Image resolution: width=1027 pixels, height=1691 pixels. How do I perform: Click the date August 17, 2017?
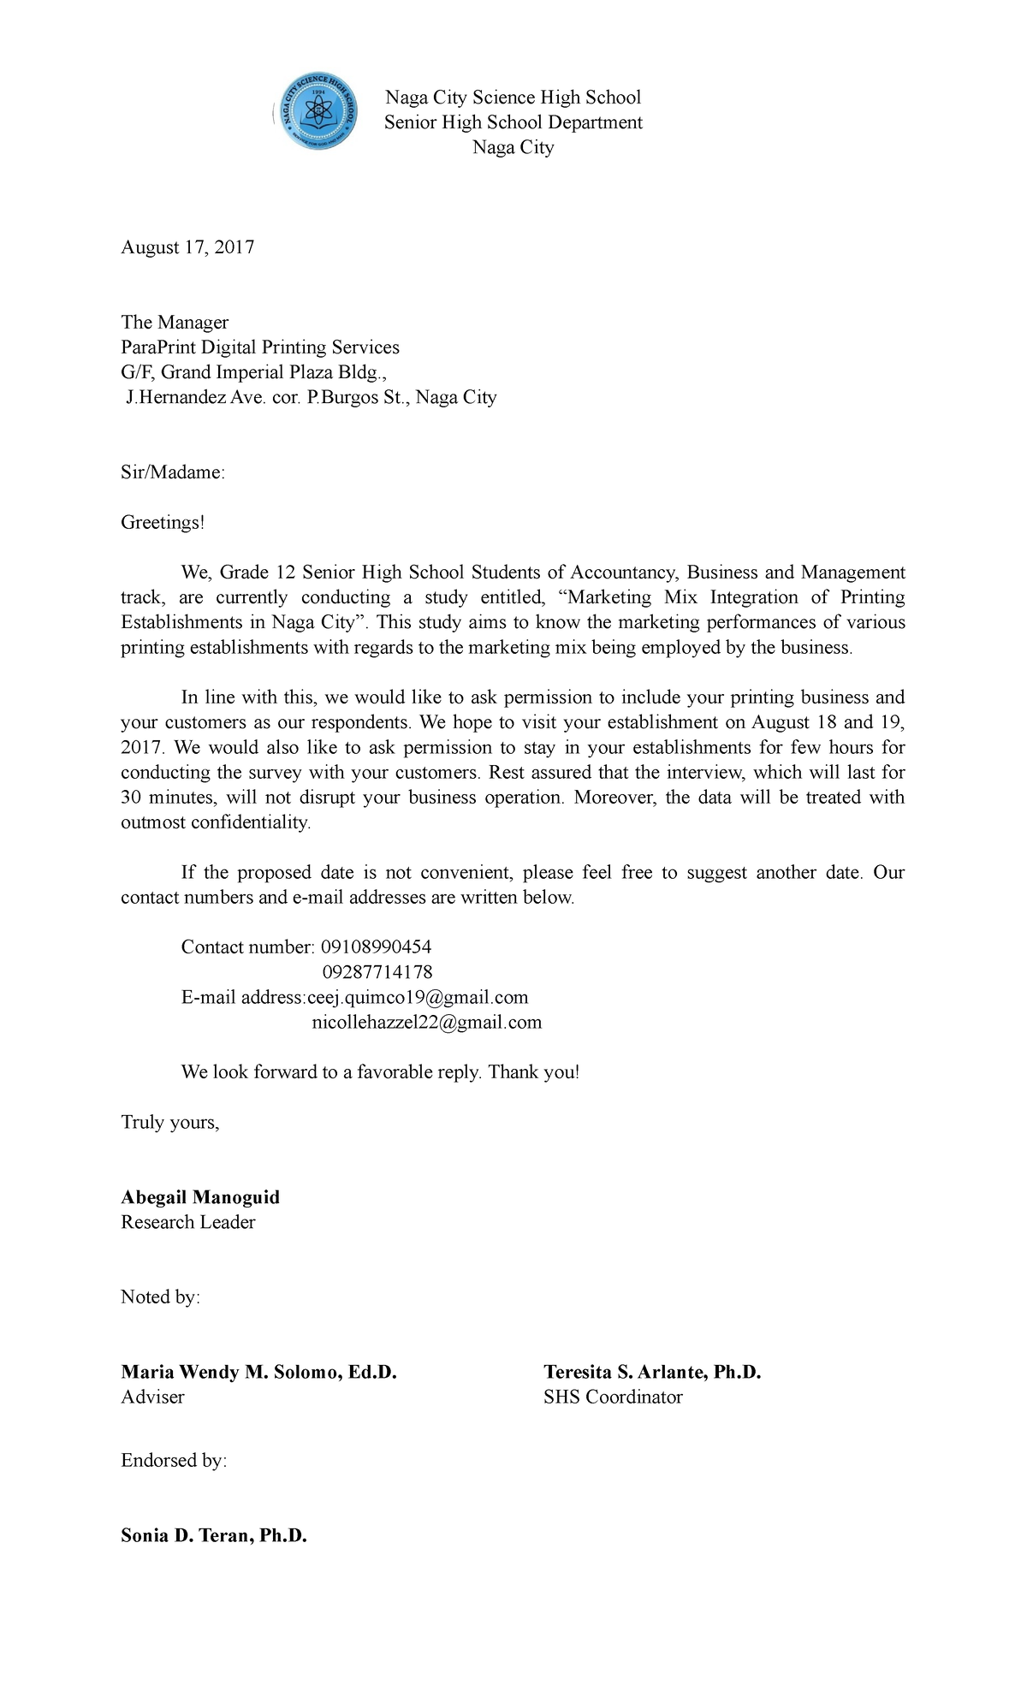pos(187,248)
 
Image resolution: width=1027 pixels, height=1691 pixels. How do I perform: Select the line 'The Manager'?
pos(175,323)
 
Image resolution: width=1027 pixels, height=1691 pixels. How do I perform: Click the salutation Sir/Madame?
pos(173,472)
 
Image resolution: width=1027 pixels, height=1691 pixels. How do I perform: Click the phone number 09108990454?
pos(376,947)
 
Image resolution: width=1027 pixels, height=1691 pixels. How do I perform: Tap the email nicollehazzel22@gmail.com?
pos(426,1023)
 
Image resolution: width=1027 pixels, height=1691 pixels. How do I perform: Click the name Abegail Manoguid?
pos(200,1197)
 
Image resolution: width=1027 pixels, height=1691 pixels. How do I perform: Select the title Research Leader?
pos(188,1223)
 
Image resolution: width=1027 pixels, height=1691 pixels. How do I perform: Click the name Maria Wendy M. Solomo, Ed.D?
pos(259,1373)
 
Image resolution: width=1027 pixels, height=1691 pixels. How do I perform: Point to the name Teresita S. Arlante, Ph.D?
pos(652,1373)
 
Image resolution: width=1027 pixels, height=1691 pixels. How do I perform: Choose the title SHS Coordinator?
pos(613,1397)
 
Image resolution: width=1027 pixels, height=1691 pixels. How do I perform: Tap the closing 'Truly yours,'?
pos(170,1123)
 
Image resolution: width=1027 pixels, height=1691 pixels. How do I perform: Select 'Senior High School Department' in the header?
pos(513,123)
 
